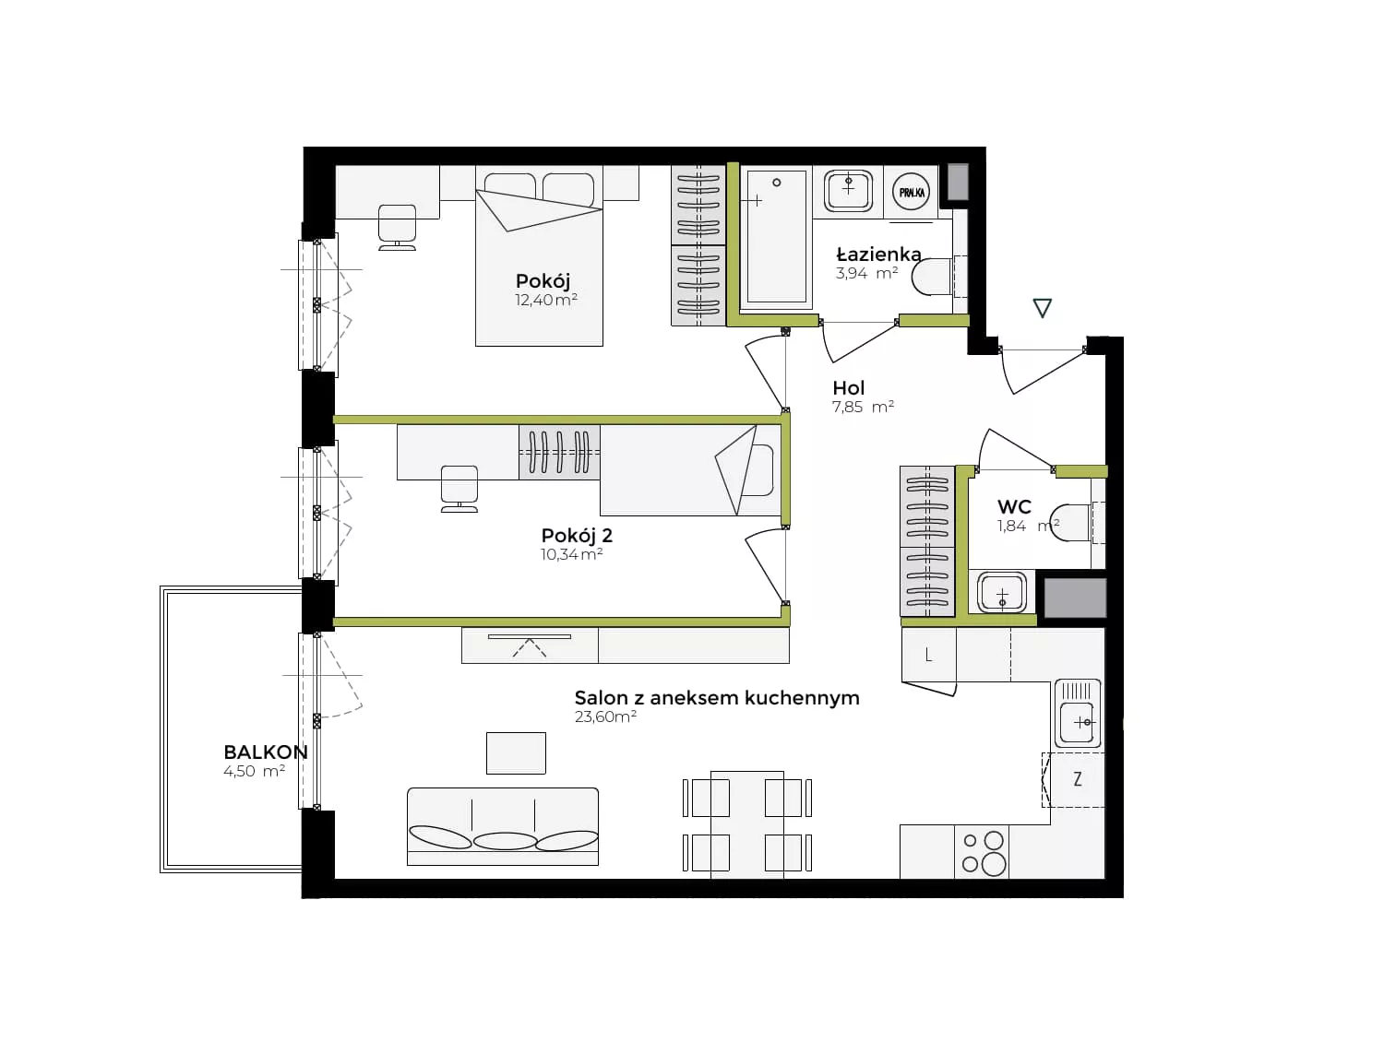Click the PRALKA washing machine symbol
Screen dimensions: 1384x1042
(x=911, y=192)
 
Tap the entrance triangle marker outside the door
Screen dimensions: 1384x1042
(x=1043, y=308)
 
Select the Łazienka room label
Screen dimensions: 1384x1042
(x=878, y=254)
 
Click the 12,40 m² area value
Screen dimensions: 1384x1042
(x=546, y=300)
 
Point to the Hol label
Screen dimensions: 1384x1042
(x=848, y=387)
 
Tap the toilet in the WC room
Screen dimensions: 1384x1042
(x=1073, y=522)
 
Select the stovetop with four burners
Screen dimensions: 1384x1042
(x=982, y=853)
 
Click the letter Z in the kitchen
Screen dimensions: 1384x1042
(x=1078, y=779)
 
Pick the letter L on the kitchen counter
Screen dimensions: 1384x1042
(x=928, y=656)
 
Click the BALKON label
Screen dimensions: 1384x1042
(x=266, y=752)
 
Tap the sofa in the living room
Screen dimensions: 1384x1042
(x=503, y=826)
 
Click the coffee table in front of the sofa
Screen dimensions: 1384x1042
(x=516, y=752)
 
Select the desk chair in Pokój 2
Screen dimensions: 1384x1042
(x=459, y=489)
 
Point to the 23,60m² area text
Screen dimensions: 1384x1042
(x=605, y=716)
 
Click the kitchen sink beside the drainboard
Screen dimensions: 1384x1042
(x=1078, y=722)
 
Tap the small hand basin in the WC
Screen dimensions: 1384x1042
(x=1002, y=592)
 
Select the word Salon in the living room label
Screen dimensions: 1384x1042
(x=601, y=697)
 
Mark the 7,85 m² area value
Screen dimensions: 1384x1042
(x=864, y=407)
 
